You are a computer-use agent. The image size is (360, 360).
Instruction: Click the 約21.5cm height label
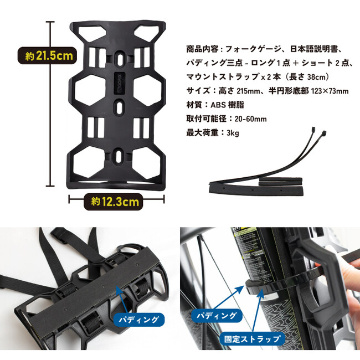(x=47, y=56)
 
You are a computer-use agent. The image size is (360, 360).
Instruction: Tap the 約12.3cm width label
(x=114, y=202)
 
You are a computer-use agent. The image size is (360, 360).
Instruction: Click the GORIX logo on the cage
(x=120, y=83)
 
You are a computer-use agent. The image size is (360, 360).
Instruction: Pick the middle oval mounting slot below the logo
(x=119, y=107)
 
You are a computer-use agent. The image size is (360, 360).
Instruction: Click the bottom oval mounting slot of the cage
(x=118, y=157)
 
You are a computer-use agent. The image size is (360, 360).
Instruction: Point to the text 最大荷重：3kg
(x=213, y=133)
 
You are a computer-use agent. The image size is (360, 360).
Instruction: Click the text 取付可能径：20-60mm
(x=227, y=119)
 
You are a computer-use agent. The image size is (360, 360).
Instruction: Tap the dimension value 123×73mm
(x=330, y=91)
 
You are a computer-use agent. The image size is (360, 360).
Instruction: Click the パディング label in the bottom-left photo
(x=140, y=320)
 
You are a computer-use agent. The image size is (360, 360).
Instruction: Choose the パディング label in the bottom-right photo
(x=217, y=316)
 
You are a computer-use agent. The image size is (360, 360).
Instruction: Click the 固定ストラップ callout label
(x=253, y=339)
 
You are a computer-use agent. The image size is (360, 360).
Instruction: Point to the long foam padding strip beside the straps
(x=256, y=189)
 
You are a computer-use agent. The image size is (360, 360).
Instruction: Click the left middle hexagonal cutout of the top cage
(x=90, y=90)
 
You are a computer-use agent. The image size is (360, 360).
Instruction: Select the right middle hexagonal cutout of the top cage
(x=148, y=90)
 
